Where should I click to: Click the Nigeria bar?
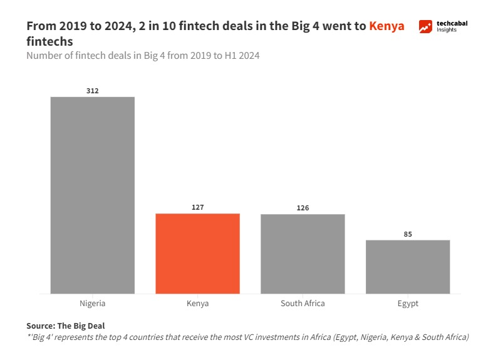point(92,195)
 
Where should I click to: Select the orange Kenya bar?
point(197,253)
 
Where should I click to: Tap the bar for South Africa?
point(303,254)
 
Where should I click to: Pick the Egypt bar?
point(408,266)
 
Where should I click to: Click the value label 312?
point(92,91)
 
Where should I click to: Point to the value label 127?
point(197,207)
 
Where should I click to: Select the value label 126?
point(303,208)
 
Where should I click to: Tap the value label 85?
point(408,234)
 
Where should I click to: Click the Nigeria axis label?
point(93,304)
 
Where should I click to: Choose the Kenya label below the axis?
point(197,304)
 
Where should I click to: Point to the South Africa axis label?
point(303,304)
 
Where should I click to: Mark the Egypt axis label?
point(408,304)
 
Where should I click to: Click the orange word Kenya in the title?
point(386,26)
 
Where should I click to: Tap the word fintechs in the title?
point(49,41)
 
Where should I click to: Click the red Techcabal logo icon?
point(426,27)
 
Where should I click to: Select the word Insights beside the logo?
point(447,30)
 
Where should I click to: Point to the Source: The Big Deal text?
point(66,326)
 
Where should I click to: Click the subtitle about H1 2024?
point(143,56)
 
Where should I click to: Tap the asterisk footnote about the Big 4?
point(247,337)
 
